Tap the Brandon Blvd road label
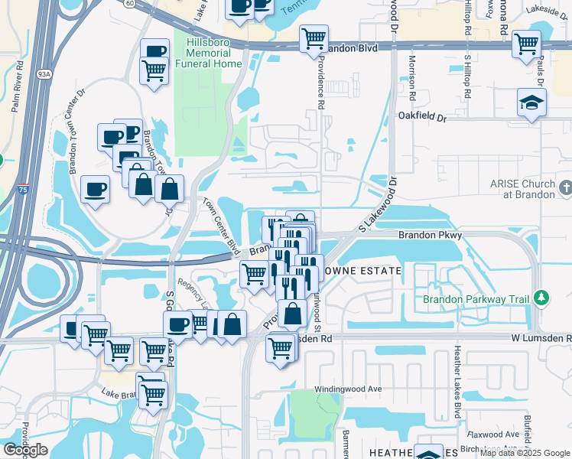pyautogui.click(x=353, y=47)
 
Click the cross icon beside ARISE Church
pyautogui.click(x=565, y=187)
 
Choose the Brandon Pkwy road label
pyautogui.click(x=430, y=236)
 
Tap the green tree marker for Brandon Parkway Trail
pyautogui.click(x=541, y=297)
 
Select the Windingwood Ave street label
pyautogui.click(x=353, y=389)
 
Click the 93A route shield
pyautogui.click(x=43, y=74)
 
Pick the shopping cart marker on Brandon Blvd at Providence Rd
pyautogui.click(x=314, y=37)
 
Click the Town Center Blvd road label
pyautogui.click(x=221, y=226)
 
